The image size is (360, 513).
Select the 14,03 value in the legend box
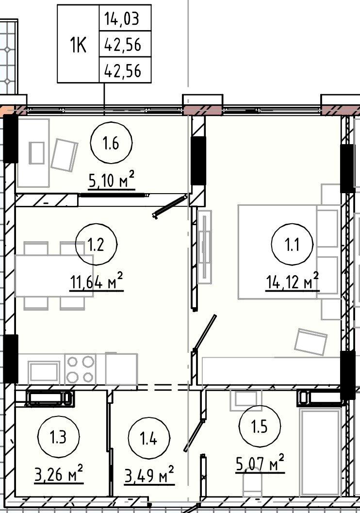pyautogui.click(x=122, y=18)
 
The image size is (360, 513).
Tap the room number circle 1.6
pyautogui.click(x=111, y=143)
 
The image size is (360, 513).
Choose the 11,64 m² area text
pyautogui.click(x=97, y=281)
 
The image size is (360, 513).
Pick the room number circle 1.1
pyautogui.click(x=292, y=245)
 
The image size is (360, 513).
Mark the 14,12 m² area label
pyautogui.click(x=292, y=281)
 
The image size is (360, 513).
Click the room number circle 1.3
pyautogui.click(x=59, y=437)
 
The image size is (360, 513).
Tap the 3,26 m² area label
pyautogui.click(x=59, y=474)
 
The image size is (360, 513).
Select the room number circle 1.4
pyautogui.click(x=149, y=438)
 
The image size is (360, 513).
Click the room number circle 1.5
pyautogui.click(x=260, y=427)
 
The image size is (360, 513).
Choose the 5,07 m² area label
pyautogui.click(x=260, y=463)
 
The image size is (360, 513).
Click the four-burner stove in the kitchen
pyautogui.click(x=81, y=369)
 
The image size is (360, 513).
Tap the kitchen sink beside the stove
pyautogui.click(x=44, y=372)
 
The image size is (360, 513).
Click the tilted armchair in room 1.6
pyautogui.click(x=65, y=154)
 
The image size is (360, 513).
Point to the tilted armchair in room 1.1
pyautogui.click(x=311, y=342)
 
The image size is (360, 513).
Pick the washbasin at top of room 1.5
pyautogui.click(x=246, y=400)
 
